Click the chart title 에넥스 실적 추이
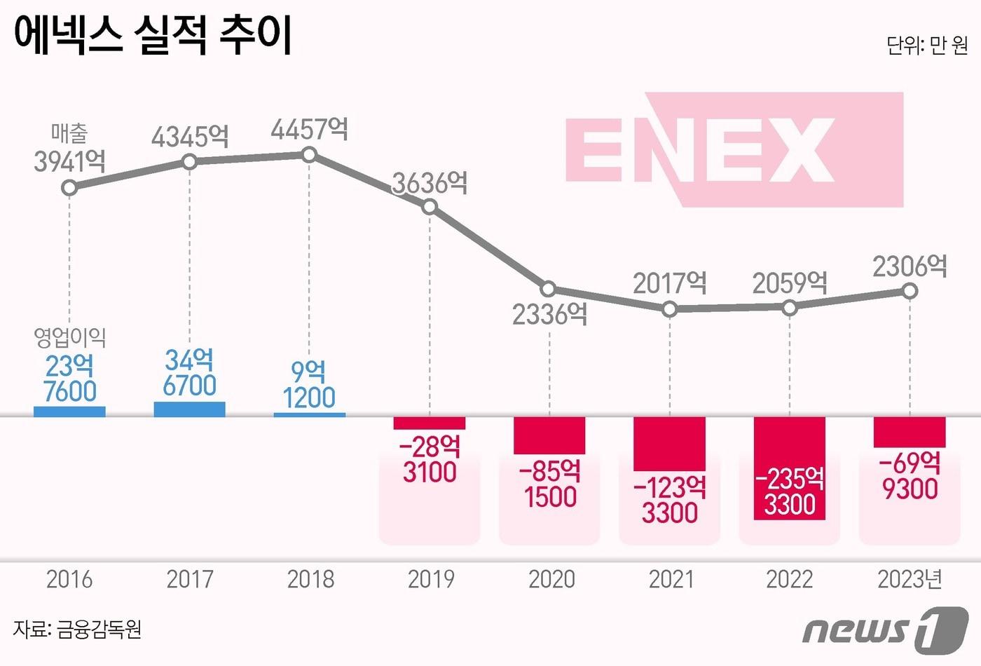pyautogui.click(x=153, y=35)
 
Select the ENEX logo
pyautogui.click(x=734, y=150)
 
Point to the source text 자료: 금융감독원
pyautogui.click(x=78, y=629)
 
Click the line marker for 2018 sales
pyautogui.click(x=310, y=155)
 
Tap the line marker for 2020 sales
pyautogui.click(x=549, y=289)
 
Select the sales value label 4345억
pyautogui.click(x=190, y=136)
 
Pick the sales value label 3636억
pyautogui.click(x=430, y=184)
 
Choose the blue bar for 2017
pyautogui.click(x=189, y=409)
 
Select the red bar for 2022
pyautogui.click(x=790, y=468)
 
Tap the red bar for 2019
pyautogui.click(x=430, y=423)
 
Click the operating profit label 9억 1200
pyautogui.click(x=309, y=384)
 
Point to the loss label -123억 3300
pyautogui.click(x=670, y=500)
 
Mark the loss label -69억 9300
pyautogui.click(x=910, y=476)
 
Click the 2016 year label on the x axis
pyautogui.click(x=69, y=579)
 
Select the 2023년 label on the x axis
pyautogui.click(x=910, y=579)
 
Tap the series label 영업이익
pyautogui.click(x=69, y=338)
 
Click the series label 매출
pyautogui.click(x=69, y=132)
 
